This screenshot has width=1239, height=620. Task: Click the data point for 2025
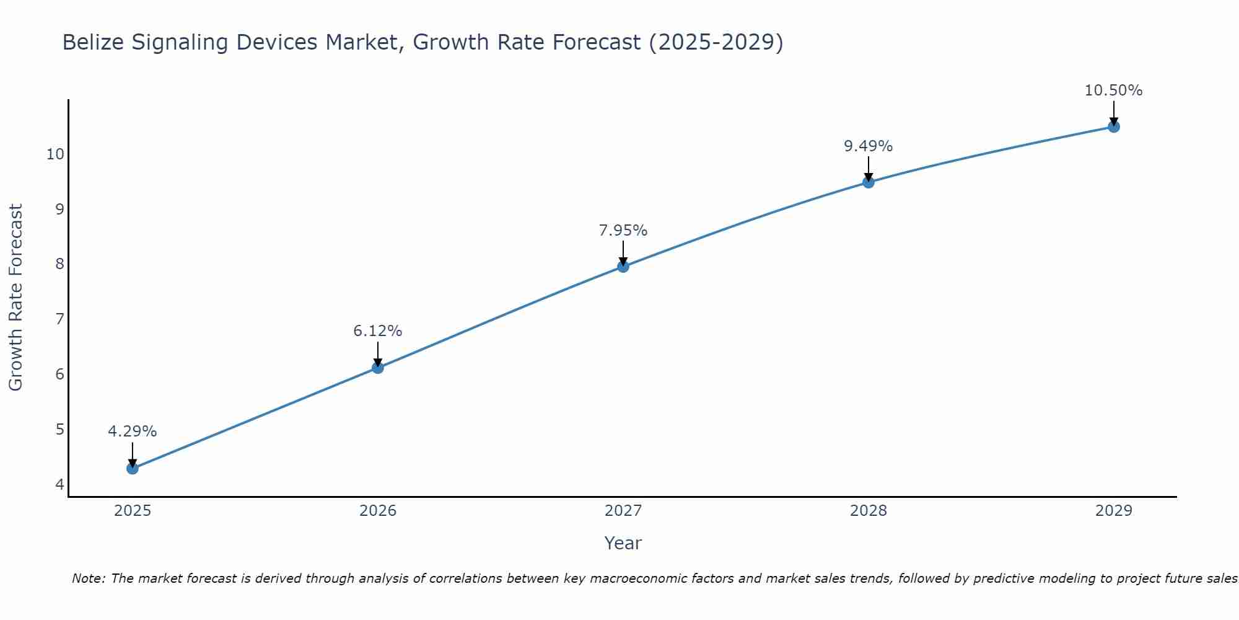click(x=133, y=468)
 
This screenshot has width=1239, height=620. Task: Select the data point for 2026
click(x=378, y=368)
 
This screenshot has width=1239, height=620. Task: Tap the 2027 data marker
click(x=623, y=267)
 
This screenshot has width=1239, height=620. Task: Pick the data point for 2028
click(x=869, y=182)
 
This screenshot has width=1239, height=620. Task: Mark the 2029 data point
click(x=1114, y=126)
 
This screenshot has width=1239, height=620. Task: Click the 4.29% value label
click(x=133, y=432)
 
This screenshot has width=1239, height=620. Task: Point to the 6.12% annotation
click(x=378, y=331)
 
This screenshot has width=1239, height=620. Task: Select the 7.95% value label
click(x=623, y=231)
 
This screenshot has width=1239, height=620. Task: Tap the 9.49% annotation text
click(x=869, y=146)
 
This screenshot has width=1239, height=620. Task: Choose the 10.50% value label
click(x=1113, y=91)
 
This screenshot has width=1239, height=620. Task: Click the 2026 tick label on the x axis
click(x=378, y=511)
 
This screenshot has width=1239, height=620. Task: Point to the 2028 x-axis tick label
click(x=869, y=511)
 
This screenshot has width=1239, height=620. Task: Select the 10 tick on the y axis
click(x=56, y=154)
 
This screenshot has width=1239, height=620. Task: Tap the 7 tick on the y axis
click(x=59, y=319)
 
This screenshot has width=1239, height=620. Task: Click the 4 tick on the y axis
click(x=59, y=484)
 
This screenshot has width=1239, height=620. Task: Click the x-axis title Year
click(x=623, y=543)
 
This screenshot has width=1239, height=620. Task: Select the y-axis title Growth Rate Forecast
click(x=16, y=297)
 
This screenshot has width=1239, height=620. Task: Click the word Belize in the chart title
click(x=93, y=42)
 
